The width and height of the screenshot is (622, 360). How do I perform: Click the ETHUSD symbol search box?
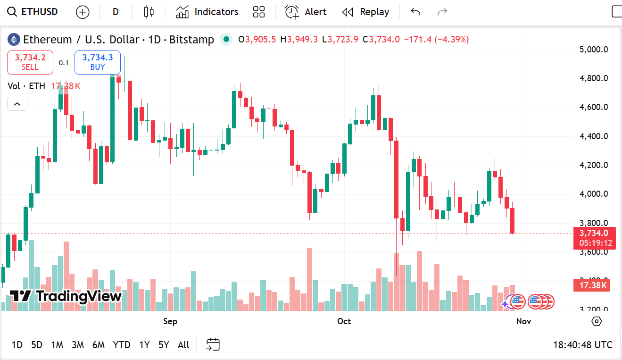[x=33, y=12]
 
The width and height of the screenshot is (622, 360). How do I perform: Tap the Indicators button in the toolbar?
[x=207, y=12]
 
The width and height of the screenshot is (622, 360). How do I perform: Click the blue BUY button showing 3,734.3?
[x=98, y=62]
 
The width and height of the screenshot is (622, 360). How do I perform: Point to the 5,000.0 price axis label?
[x=593, y=49]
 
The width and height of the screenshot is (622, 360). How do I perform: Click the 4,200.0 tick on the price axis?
[x=593, y=165]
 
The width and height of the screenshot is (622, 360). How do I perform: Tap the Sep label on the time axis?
[x=170, y=321]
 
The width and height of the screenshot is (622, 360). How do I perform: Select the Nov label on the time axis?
[x=523, y=321]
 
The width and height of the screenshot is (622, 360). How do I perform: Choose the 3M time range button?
[x=78, y=345]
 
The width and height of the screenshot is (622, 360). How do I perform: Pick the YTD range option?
[x=122, y=345]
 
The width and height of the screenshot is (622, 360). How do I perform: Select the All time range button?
[x=183, y=345]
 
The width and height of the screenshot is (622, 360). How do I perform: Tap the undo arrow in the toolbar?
[x=415, y=12]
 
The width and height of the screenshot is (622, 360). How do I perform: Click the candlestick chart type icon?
[x=149, y=12]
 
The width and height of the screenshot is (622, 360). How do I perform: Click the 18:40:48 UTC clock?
[x=582, y=345]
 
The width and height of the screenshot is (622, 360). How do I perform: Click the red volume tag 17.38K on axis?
[x=591, y=285]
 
